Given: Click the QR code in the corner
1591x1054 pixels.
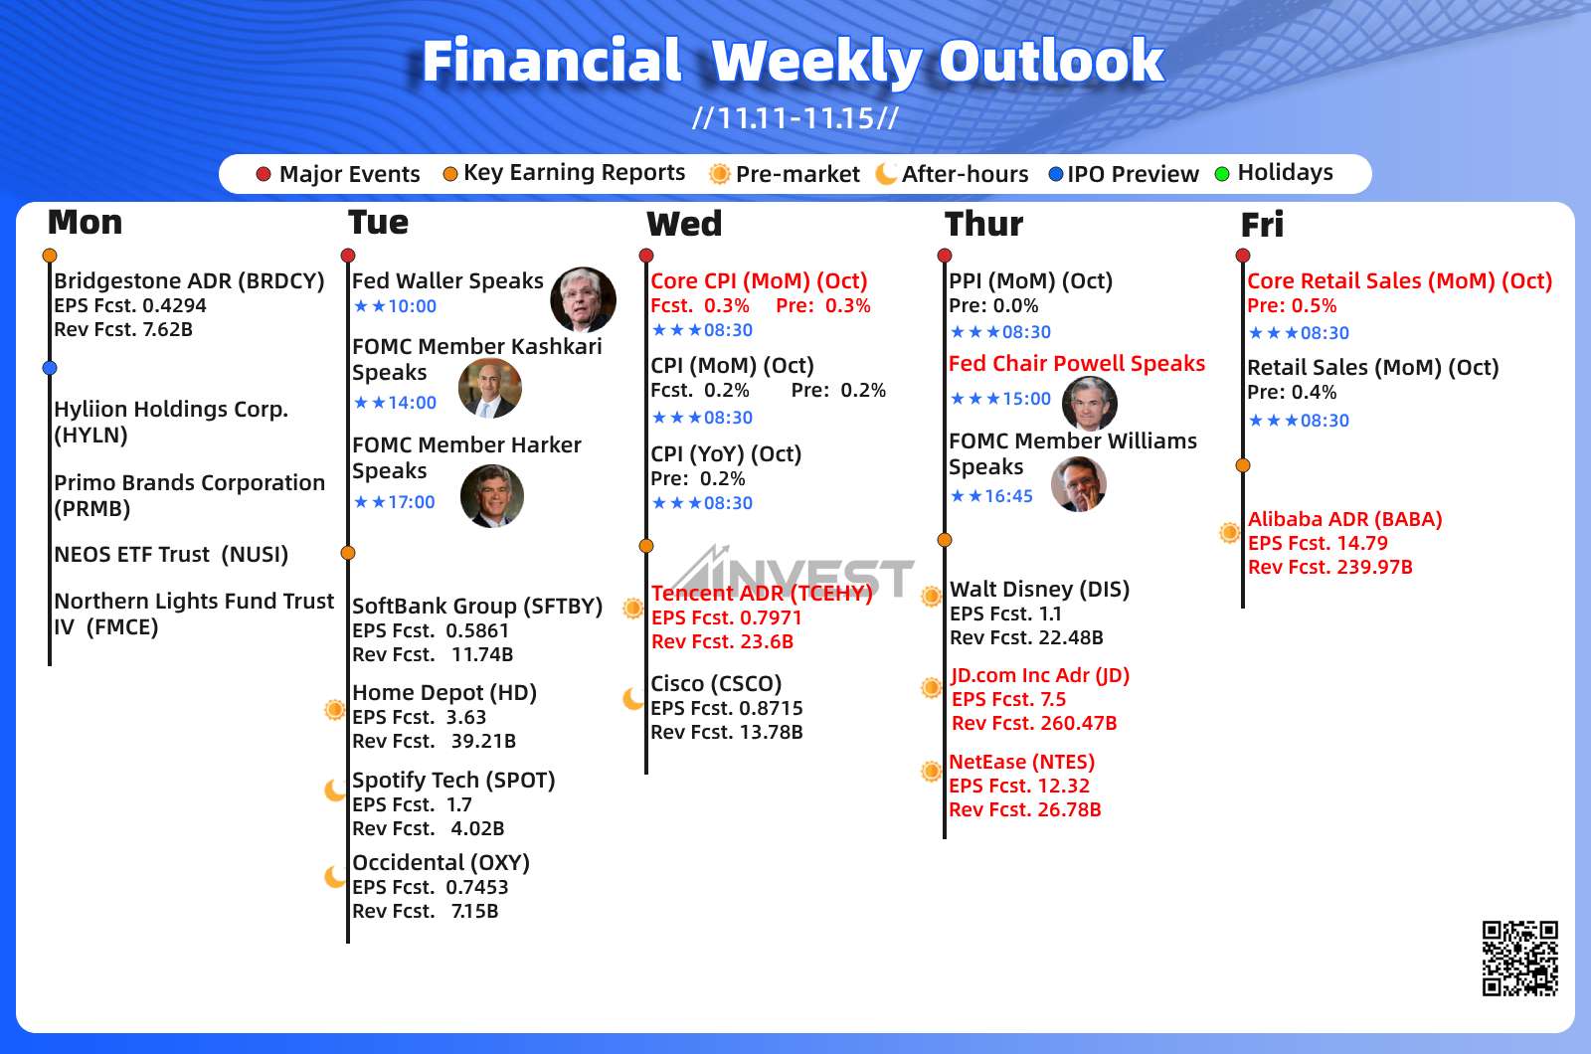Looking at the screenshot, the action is coord(1520,959).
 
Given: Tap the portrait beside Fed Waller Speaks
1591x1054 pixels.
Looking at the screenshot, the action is coord(583,299).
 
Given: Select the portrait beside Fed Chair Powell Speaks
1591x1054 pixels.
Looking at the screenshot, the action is coord(1090,404).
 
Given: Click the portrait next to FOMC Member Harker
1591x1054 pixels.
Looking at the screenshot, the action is coord(492,496).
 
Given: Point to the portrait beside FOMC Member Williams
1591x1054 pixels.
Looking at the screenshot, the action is coord(1078,483).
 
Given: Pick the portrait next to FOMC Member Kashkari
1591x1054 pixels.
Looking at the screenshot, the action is coord(490,388).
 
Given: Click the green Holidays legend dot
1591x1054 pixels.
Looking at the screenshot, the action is coord(1222,174).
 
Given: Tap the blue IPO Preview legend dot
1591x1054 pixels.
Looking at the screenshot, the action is coord(1055,174).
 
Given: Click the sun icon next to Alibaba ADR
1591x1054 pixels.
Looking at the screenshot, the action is coord(1229,532).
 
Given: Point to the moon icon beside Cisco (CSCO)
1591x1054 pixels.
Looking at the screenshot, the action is coord(633,698).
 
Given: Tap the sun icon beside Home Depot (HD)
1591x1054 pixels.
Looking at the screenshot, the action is coord(334,709).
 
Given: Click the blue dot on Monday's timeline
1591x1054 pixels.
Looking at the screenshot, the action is coord(49,368).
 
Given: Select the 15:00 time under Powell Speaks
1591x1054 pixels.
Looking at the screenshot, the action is coord(1026,399).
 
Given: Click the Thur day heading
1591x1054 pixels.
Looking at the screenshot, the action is coord(983,224).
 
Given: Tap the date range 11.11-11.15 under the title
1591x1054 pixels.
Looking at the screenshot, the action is coord(795,118).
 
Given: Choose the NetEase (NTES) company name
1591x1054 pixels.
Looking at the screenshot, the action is coord(1022,762).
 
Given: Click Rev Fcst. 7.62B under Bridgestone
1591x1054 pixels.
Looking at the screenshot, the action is coord(123,329).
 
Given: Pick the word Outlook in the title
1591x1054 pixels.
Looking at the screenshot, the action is coord(1051,61).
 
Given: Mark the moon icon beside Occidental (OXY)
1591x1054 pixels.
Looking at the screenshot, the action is coord(335,876).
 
